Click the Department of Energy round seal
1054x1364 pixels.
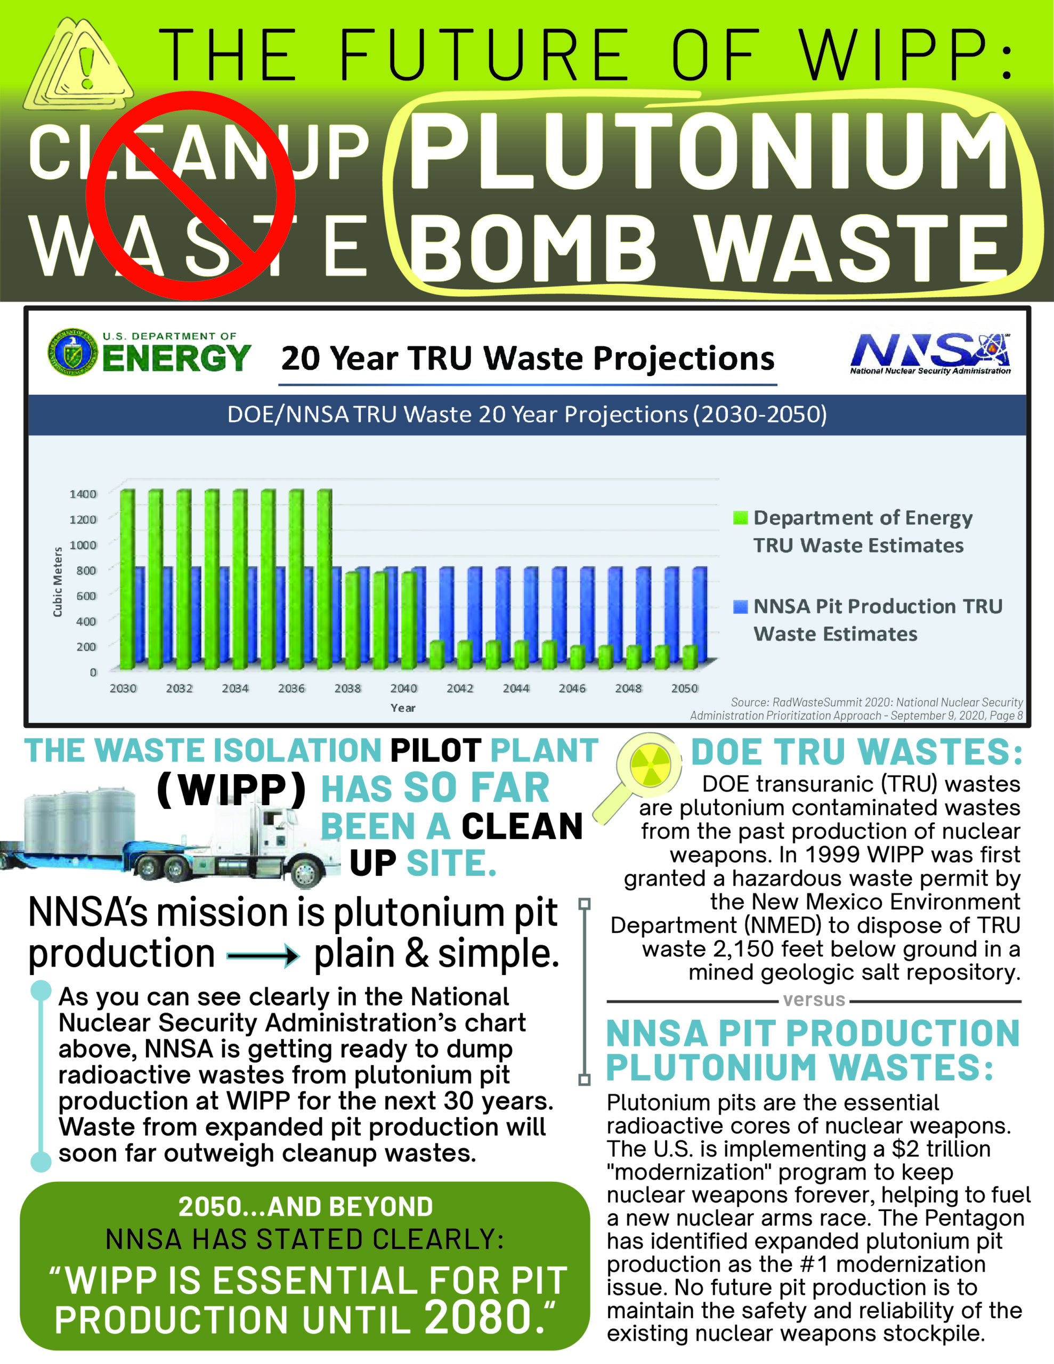click(73, 352)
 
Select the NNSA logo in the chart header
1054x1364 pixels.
click(930, 353)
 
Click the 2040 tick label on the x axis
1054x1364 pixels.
click(403, 688)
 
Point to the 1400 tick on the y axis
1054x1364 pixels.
click(83, 494)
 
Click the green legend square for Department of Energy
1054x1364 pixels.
click(740, 518)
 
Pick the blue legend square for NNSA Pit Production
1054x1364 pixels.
click(740, 606)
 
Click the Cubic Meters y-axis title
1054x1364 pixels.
click(58, 582)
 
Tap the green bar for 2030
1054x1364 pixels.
click(127, 578)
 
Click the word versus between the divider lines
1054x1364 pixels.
click(814, 1000)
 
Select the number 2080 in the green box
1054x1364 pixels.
click(478, 1317)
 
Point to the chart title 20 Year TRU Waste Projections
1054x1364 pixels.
click(528, 359)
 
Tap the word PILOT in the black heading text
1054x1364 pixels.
click(435, 750)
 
